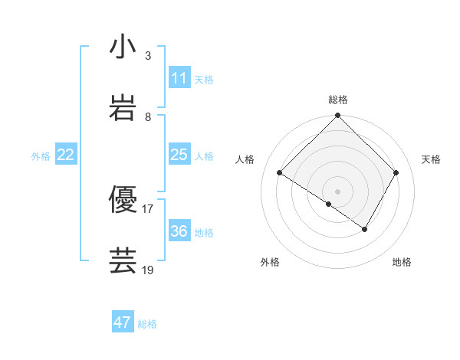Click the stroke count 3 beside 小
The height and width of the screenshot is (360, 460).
point(147,56)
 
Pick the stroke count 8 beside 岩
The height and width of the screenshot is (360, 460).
point(147,117)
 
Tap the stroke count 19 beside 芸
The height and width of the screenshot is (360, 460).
point(148,270)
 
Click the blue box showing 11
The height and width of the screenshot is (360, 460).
point(179,78)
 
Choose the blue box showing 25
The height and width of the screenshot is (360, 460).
point(179,155)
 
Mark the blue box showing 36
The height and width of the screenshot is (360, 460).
point(179,231)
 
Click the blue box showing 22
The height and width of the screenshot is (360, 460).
point(66,155)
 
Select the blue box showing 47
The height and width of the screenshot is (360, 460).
point(123,322)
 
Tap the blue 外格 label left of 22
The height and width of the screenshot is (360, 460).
point(41,156)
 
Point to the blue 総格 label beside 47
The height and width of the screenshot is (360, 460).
point(147,324)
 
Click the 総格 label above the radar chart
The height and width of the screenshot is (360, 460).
point(338,100)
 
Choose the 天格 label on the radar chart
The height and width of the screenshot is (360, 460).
point(431,159)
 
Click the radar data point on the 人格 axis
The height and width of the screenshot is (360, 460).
point(280,173)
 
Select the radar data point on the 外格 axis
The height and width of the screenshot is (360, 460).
point(329,204)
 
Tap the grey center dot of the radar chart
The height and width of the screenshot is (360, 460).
point(338,191)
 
